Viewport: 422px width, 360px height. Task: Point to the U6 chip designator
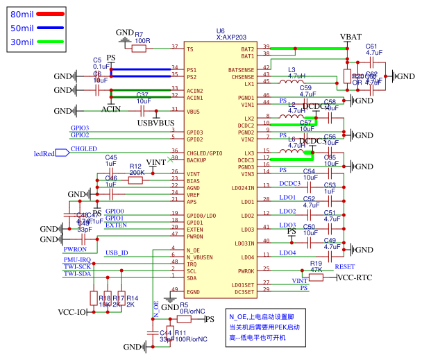(220, 31)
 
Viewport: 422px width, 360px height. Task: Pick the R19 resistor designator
(316, 264)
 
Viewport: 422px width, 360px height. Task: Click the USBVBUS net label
(155, 123)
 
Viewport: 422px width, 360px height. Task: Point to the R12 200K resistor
(136, 180)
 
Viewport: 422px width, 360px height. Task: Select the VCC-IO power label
(71, 312)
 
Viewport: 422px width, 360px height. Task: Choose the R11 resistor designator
(180, 333)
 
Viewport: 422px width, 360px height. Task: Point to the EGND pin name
(194, 291)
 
